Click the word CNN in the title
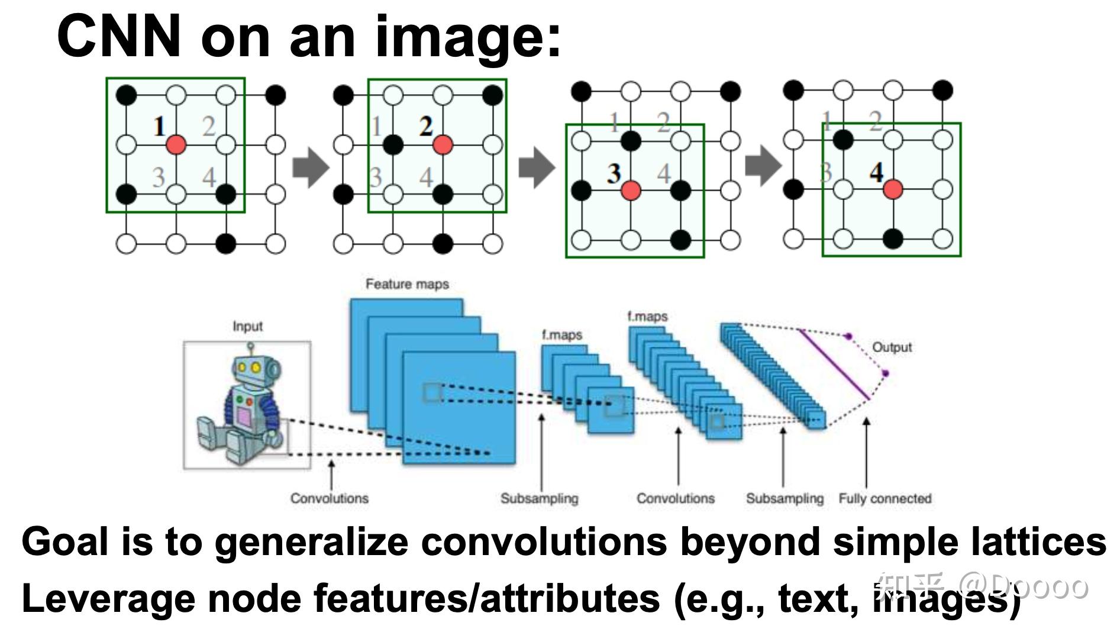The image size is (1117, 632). coord(118,37)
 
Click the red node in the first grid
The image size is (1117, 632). coord(176,144)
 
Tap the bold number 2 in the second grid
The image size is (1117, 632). coord(426,126)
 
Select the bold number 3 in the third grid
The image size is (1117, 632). coord(614,173)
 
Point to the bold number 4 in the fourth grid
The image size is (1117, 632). coord(876,172)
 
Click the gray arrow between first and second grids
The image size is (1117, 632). coord(311,167)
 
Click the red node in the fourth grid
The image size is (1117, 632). coord(893,189)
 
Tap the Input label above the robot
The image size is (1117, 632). coord(247,326)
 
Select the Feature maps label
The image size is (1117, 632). coord(407,284)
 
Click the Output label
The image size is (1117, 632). coord(892,347)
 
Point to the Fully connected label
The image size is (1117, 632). coord(884,498)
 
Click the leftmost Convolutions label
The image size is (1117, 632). coord(329,498)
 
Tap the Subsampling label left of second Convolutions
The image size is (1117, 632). coord(539,498)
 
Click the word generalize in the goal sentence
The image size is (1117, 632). coord(311,541)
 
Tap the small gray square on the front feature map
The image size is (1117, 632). coord(432,393)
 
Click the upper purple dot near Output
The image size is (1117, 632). coord(848,336)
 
